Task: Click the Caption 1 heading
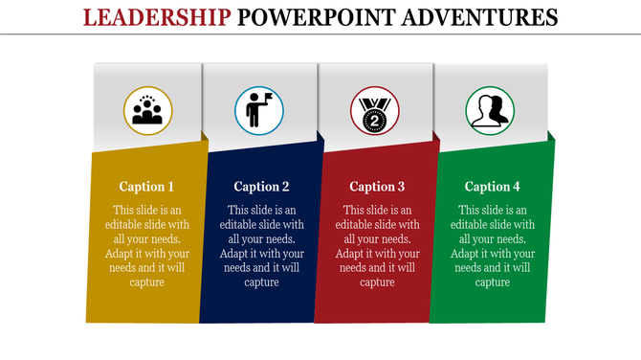point(146,187)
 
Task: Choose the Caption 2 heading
point(261,187)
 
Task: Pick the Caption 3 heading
point(377,187)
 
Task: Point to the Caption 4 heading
point(493,187)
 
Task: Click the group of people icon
point(147,111)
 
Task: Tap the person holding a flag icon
point(259,111)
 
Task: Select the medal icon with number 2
point(374,112)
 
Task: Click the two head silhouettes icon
point(489,111)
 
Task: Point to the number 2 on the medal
point(374,120)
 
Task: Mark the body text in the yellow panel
point(146,246)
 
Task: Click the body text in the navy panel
point(261,246)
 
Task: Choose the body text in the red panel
point(377,246)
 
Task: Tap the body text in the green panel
point(493,246)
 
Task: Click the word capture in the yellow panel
point(146,281)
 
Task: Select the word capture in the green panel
point(493,281)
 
